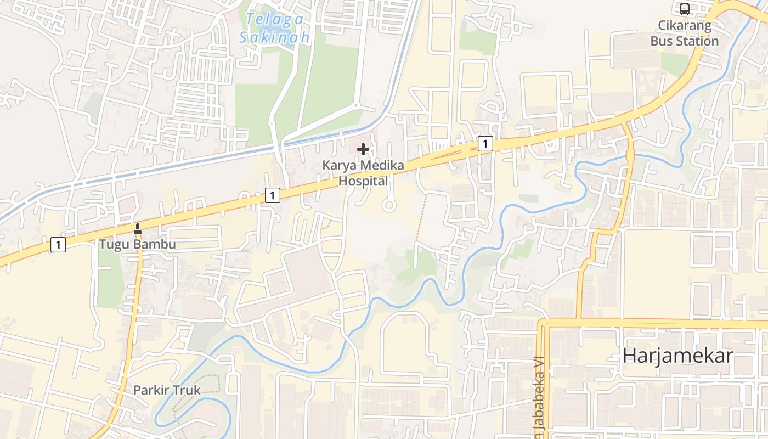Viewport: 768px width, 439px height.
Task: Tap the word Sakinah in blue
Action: [x=274, y=37]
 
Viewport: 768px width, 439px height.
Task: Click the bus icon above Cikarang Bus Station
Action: [x=685, y=9]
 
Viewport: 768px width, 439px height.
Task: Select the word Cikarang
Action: [x=685, y=26]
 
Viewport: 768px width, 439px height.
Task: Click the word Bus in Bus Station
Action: [x=660, y=41]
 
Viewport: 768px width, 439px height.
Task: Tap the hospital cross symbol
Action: [x=363, y=149]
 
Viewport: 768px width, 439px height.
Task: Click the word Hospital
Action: [x=363, y=181]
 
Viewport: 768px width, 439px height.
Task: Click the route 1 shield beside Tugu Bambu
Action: [x=58, y=245]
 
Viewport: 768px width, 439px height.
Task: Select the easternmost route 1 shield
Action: [x=485, y=144]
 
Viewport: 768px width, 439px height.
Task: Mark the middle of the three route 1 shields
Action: [x=273, y=195]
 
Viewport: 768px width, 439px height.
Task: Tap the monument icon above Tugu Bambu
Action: [x=138, y=228]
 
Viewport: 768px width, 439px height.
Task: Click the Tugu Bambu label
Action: [x=138, y=244]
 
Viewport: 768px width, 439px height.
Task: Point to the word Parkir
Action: [x=152, y=391]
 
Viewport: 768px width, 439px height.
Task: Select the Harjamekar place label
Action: [x=677, y=356]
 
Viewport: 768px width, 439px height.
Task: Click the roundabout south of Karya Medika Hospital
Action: [x=388, y=206]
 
